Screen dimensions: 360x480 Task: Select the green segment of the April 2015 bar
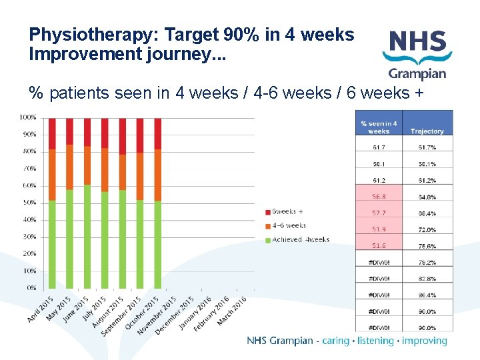tap(52, 244)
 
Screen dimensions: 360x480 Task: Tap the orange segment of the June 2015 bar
tap(87, 165)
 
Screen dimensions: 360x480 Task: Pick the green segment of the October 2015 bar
tap(140, 244)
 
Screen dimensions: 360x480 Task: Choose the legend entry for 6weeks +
tap(287, 212)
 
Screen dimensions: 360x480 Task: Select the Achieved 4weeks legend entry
tap(297, 239)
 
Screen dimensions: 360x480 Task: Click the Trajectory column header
tap(427, 131)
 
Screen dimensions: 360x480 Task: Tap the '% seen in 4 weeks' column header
tap(379, 127)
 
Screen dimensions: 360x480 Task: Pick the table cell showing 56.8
tap(379, 197)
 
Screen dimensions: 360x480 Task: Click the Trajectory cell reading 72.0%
tap(427, 229)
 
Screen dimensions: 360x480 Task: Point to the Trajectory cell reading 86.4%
tap(427, 295)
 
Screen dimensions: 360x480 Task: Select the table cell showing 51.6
tap(379, 246)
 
